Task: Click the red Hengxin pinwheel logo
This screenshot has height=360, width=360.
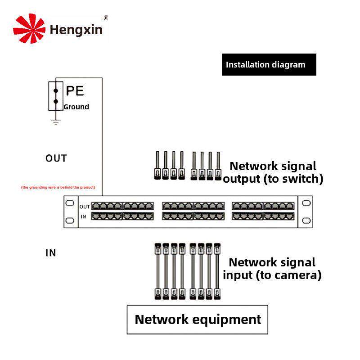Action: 29,28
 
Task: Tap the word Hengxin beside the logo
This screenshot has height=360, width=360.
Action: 76,30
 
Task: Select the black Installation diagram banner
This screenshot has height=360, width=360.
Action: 269,64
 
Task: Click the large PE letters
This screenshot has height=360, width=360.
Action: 75,91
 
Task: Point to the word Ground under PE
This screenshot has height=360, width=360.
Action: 76,107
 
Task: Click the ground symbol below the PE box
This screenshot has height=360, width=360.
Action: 56,122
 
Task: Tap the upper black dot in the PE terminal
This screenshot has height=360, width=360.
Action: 56,91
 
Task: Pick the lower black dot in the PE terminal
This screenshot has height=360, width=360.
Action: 56,101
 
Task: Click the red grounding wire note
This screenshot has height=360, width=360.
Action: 58,187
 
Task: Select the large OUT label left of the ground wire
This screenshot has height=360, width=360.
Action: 56,158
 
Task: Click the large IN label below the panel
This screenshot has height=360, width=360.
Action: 51,253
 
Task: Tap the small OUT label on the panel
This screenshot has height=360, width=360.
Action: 85,207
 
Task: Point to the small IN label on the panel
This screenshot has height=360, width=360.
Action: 83,217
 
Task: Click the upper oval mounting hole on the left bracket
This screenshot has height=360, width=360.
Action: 70,203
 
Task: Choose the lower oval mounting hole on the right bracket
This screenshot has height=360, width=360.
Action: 306,220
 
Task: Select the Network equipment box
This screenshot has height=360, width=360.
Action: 198,319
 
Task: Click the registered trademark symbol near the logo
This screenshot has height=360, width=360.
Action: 106,18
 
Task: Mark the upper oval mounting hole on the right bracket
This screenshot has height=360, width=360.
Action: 306,203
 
